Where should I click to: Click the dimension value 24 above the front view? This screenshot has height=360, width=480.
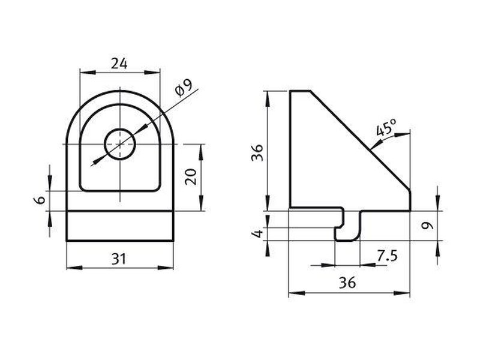tap(119, 64)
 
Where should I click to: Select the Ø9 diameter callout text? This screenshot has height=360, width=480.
tap(183, 88)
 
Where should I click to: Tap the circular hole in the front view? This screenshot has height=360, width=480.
tap(120, 144)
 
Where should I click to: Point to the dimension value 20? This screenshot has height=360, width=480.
tap(191, 176)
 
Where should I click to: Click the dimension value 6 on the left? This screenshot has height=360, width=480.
tap(40, 200)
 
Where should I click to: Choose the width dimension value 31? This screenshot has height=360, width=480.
tap(119, 259)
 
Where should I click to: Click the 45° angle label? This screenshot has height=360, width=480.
tap(386, 127)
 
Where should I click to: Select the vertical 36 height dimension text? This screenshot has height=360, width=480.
tap(257, 152)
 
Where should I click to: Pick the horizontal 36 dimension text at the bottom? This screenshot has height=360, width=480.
tap(348, 283)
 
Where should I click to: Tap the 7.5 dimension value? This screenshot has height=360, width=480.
tap(387, 256)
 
